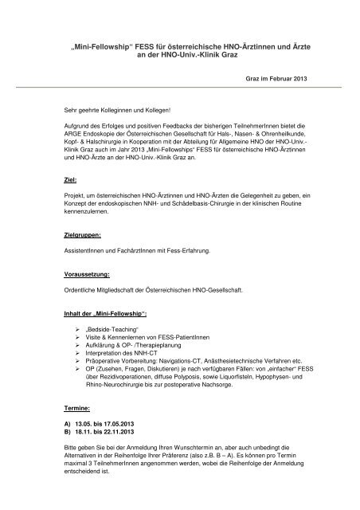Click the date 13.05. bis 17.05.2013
pos(112,422)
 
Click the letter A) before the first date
pos(68,422)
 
